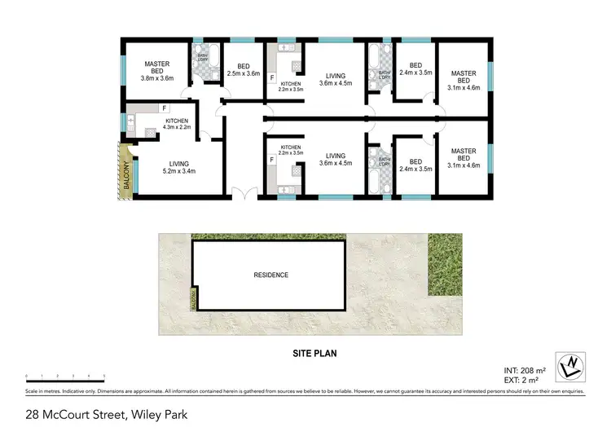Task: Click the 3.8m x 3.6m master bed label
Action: pos(156,71)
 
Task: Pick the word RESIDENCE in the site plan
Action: pos(271,275)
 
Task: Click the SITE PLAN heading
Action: pos(314,354)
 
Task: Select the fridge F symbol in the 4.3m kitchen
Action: pos(165,108)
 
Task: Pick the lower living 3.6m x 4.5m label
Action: pos(336,160)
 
